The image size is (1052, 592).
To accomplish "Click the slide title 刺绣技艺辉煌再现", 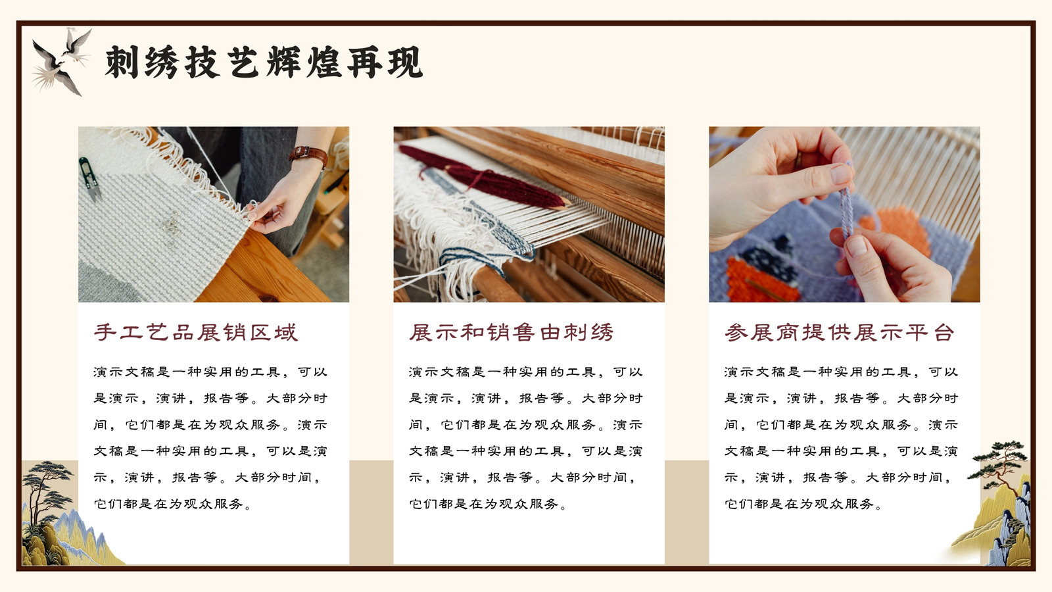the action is tap(264, 62).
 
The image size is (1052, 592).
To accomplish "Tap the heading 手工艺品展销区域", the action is tap(195, 332).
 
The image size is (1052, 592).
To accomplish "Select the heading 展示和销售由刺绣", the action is tap(511, 332).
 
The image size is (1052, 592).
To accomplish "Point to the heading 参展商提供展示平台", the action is tap(839, 332).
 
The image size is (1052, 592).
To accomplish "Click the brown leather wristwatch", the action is tap(308, 154).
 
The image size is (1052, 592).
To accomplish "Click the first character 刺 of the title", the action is tap(121, 62).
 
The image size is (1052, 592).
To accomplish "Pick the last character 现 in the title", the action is tap(405, 62).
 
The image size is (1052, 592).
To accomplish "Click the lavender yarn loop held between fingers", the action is tap(846, 211).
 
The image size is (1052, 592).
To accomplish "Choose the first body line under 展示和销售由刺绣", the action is tap(525, 372).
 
